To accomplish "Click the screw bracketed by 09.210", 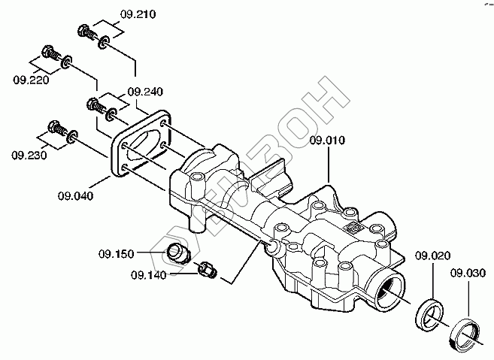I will (86, 32).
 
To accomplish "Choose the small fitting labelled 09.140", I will (208, 268).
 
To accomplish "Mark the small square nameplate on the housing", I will (353, 225).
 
